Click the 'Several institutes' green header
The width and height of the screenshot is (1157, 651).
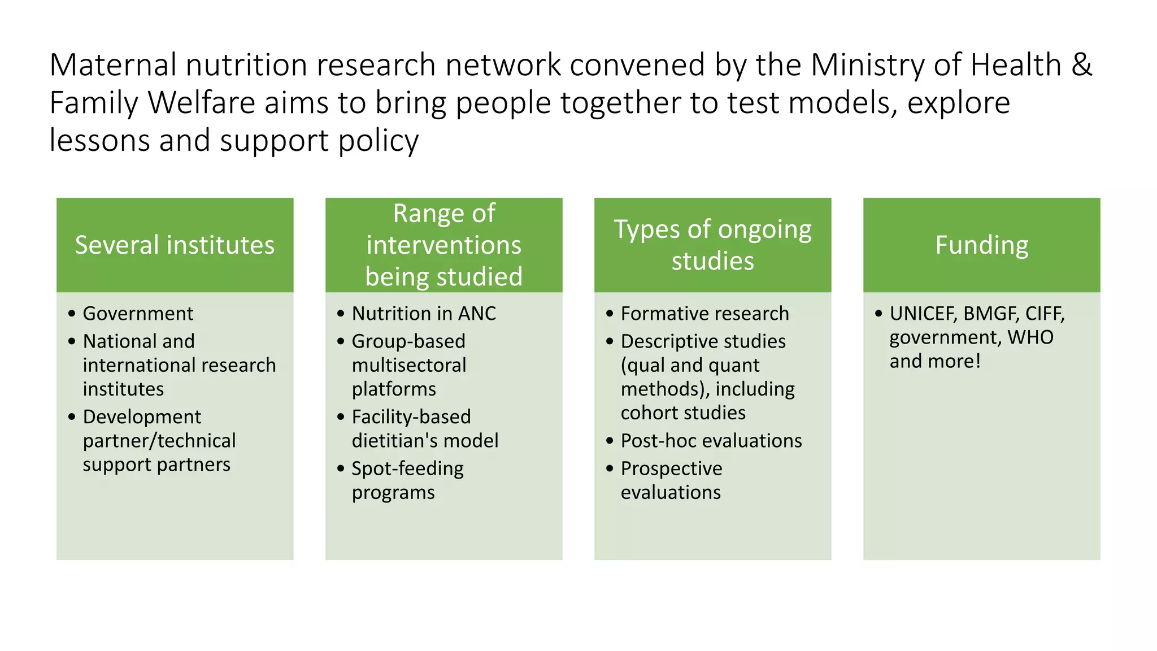pos(175,245)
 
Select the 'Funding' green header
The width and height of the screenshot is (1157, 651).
pos(981,245)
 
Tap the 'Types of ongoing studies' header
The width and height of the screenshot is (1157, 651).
pos(712,245)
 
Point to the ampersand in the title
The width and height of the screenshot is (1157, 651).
pos(1081,65)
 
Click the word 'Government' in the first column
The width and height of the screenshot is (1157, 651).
pos(138,314)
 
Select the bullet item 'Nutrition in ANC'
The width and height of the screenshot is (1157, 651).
pos(424,314)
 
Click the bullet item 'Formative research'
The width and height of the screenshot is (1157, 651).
pos(704,314)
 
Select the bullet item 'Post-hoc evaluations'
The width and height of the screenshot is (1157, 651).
pos(711,441)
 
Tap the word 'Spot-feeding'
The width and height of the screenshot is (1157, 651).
pos(407,469)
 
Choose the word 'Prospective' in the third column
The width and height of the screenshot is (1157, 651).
pos(671,469)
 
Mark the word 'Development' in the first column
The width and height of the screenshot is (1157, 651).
pos(142,417)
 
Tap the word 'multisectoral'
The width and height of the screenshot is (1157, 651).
pos(409,366)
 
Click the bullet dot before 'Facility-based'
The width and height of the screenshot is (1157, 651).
pos(341,417)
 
